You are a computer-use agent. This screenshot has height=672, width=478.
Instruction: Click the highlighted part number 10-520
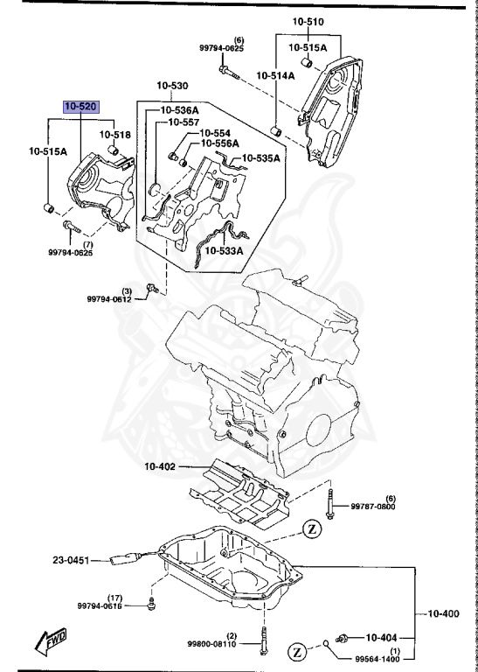coord(80,106)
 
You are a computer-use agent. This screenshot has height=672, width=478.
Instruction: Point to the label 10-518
coord(114,135)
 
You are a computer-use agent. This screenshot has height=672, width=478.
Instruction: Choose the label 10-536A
coord(177,110)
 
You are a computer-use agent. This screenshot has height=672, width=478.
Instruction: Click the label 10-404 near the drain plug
coord(382,637)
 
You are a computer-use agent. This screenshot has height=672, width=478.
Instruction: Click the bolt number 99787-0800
coord(375,506)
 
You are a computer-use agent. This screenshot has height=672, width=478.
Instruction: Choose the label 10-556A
coord(219,143)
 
